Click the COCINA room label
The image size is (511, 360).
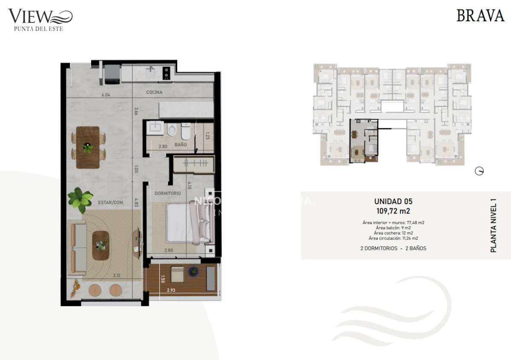154,92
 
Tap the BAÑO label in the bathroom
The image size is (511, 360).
181,145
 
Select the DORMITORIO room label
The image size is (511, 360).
167,193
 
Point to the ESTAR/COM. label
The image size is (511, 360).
111,203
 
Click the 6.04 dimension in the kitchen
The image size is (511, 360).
105,95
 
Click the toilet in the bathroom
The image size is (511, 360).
186,132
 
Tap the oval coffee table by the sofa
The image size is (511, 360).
101,245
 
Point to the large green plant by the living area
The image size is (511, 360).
80,199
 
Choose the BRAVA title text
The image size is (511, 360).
480,16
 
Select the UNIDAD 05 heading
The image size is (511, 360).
393,202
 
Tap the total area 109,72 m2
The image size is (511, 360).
393,210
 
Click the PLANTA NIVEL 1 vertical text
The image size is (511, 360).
494,225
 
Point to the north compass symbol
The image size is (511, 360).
479,171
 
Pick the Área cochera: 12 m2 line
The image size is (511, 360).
393,233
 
